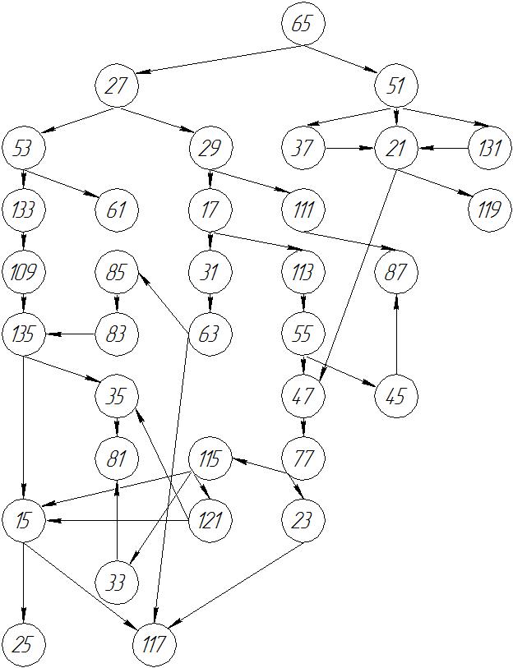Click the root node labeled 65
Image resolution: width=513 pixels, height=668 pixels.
[303, 23]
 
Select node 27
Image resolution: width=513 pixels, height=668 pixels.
[116, 85]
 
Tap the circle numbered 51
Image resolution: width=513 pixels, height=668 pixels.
[396, 85]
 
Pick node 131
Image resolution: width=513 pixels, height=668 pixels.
[489, 149]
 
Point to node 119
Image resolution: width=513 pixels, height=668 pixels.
[489, 210]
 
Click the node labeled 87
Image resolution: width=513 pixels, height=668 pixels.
[396, 272]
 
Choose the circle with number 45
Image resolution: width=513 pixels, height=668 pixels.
[396, 397]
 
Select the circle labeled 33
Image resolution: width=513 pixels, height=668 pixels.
[116, 583]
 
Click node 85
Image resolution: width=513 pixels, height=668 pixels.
[116, 272]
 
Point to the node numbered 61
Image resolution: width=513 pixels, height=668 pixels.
[116, 210]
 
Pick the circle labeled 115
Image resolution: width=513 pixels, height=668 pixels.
[210, 458]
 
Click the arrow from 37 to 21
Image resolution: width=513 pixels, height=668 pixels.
[349, 149]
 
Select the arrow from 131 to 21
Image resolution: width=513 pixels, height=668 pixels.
[443, 149]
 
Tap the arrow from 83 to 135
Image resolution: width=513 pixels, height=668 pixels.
[70, 334]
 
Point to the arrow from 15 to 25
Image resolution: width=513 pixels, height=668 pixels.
[23, 583]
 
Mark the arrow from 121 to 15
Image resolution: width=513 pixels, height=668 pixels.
[116, 521]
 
